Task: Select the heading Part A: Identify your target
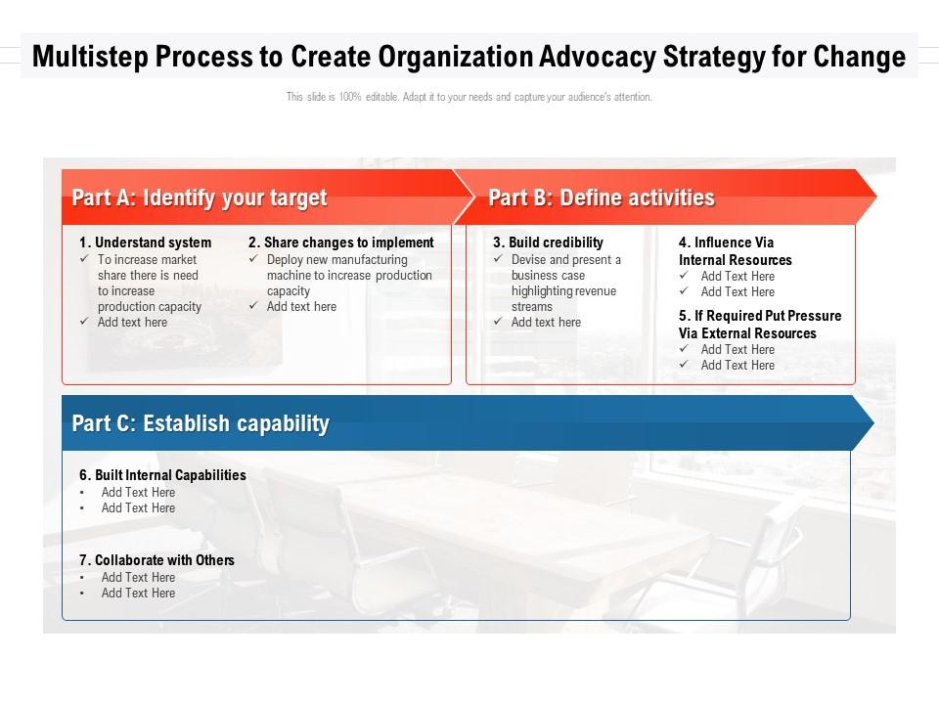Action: point(200,198)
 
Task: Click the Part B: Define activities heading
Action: point(602,198)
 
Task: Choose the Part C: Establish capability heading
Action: point(201,423)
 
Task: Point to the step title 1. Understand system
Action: point(146,242)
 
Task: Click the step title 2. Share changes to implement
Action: point(341,242)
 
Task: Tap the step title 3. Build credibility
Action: point(548,242)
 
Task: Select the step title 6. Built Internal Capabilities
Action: point(163,475)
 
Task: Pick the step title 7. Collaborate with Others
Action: point(156,560)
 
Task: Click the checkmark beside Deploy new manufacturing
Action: point(253,258)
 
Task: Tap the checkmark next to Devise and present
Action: point(498,258)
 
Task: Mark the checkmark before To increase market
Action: point(84,258)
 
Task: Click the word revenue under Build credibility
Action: point(596,291)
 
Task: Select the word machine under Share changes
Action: point(289,276)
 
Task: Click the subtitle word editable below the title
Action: point(381,97)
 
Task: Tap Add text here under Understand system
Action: point(132,322)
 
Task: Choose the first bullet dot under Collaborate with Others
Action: point(82,578)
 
